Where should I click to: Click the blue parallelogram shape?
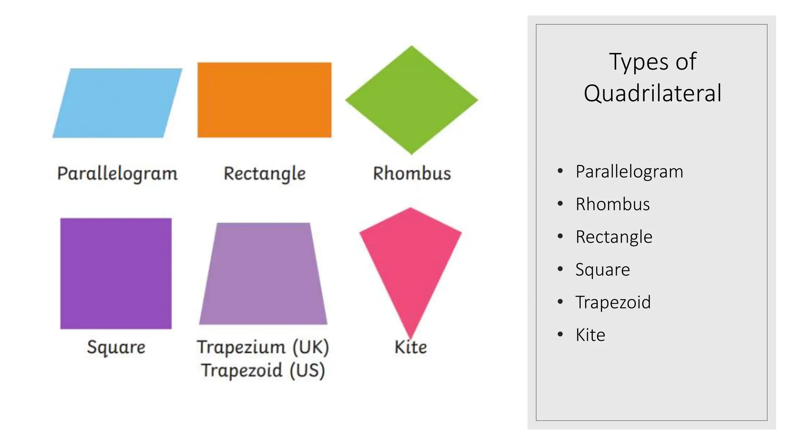coord(117,103)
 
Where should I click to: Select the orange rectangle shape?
coord(265,100)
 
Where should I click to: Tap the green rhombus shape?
coord(411,100)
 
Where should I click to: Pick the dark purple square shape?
coord(116,273)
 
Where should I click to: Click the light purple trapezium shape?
coord(263,273)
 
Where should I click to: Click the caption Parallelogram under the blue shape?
coord(117,173)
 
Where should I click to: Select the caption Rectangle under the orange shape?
coord(265,173)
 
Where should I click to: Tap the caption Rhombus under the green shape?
coord(412,173)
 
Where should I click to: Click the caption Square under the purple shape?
coord(116,347)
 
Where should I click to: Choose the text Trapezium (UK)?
coord(263,347)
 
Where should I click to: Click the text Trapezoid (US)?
coord(263,370)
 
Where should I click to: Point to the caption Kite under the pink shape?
coord(411,347)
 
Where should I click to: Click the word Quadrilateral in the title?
coord(652,93)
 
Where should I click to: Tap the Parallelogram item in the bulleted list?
coord(629,172)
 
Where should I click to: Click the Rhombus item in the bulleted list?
coord(613,204)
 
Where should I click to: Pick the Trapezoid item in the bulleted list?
coord(613,302)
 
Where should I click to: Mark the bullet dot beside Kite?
coord(560,334)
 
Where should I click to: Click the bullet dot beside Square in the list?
coord(560,269)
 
